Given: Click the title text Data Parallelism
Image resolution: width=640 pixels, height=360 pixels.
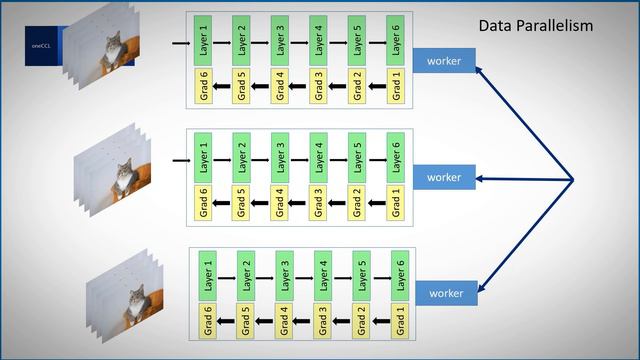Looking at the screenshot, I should click(x=535, y=24).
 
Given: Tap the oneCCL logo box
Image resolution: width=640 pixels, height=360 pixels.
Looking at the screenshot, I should click(x=44, y=45).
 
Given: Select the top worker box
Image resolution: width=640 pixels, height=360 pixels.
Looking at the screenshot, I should click(x=444, y=62).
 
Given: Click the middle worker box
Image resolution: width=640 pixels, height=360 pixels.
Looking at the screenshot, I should click(x=444, y=177).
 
